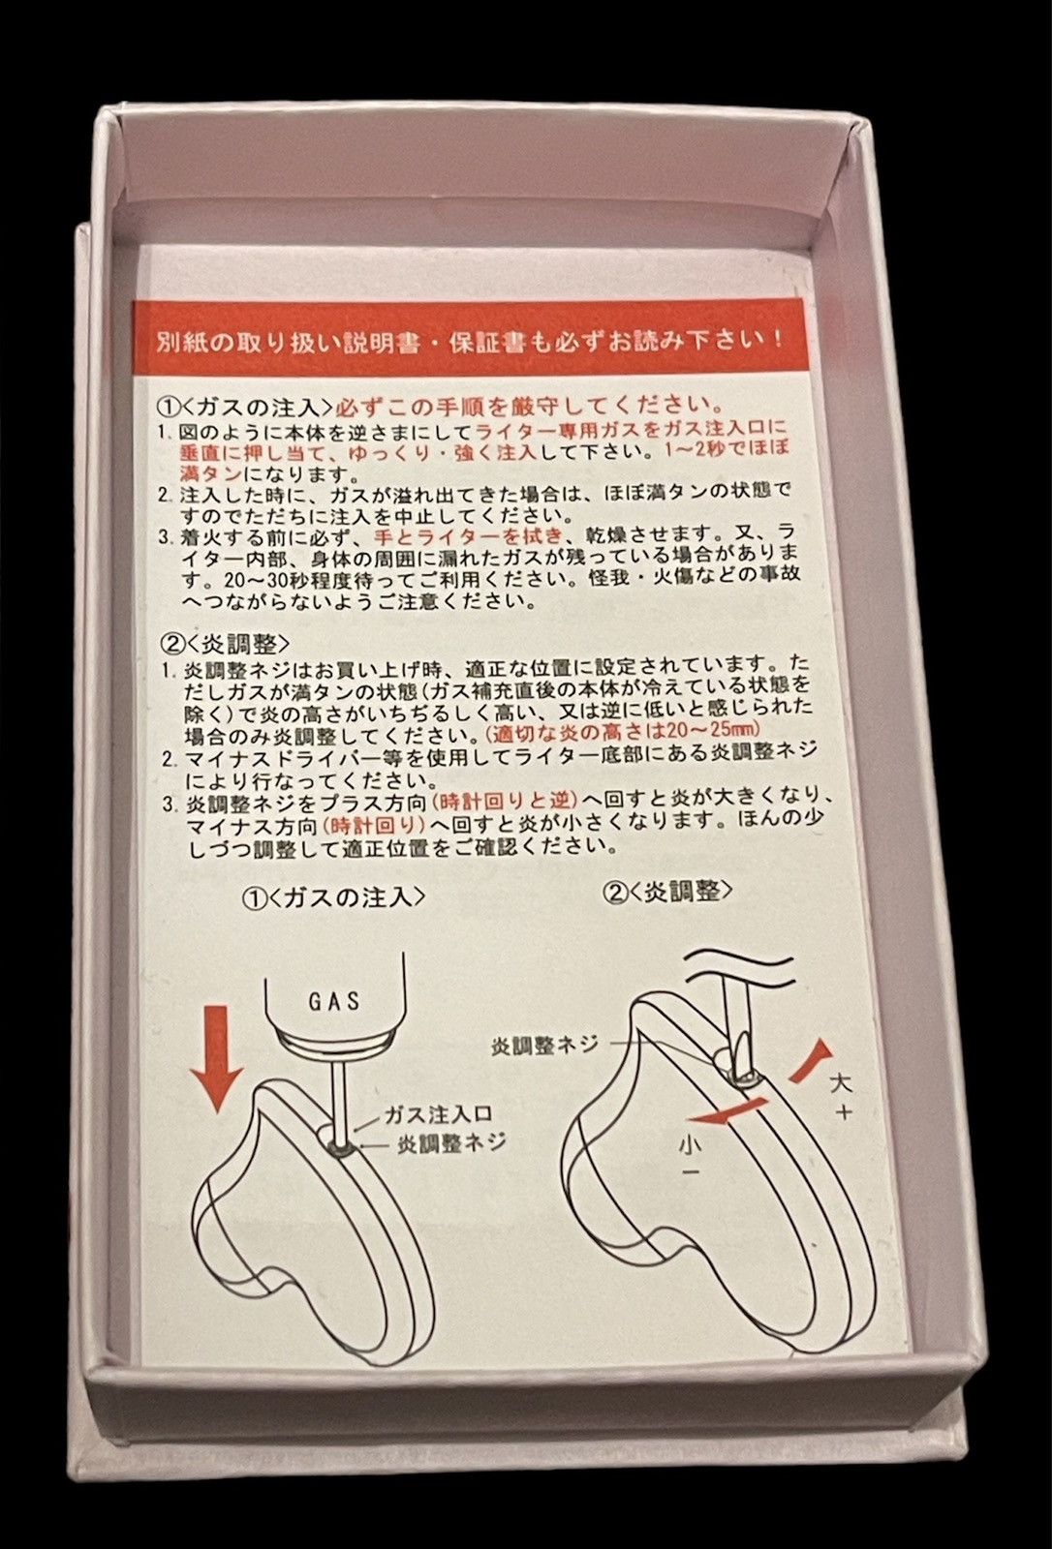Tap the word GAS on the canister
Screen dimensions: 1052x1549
coord(334,1001)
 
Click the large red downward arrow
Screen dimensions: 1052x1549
coord(217,1058)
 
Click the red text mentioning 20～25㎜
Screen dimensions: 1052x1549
coord(624,730)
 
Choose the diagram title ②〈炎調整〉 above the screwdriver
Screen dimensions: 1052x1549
coord(668,892)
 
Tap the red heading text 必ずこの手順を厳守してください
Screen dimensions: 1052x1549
coord(531,404)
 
